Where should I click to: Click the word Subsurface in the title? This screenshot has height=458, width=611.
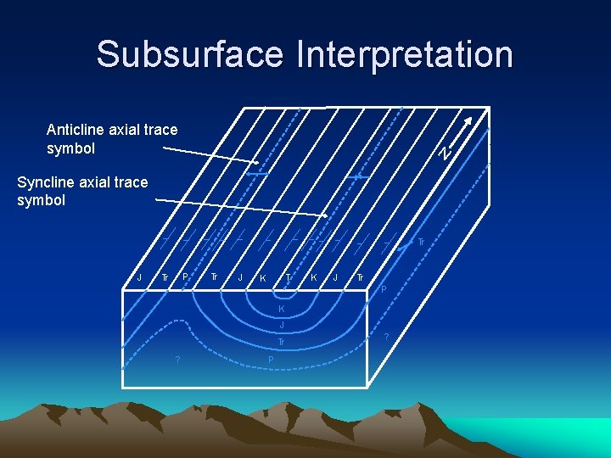pyautogui.click(x=191, y=53)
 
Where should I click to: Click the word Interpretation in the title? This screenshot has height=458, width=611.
pyautogui.click(x=405, y=53)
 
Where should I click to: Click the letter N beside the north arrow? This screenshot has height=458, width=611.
pyautogui.click(x=444, y=153)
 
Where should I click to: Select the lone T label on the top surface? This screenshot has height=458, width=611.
pyautogui.click(x=289, y=277)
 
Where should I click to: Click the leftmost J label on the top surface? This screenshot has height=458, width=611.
pyautogui.click(x=139, y=277)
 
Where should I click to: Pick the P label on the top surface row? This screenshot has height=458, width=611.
pyautogui.click(x=186, y=277)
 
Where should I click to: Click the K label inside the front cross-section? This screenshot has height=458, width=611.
pyautogui.click(x=282, y=309)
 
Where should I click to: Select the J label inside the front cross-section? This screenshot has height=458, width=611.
pyautogui.click(x=282, y=326)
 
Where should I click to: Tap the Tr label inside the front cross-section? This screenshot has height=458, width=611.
pyautogui.click(x=281, y=343)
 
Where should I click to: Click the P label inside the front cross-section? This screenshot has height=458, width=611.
pyautogui.click(x=271, y=360)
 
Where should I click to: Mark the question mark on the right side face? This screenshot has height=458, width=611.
pyautogui.click(x=386, y=338)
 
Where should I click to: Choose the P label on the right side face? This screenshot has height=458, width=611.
pyautogui.click(x=384, y=291)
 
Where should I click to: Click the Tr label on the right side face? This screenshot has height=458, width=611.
pyautogui.click(x=420, y=243)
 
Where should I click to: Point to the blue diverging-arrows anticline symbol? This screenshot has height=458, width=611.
pyautogui.click(x=258, y=174)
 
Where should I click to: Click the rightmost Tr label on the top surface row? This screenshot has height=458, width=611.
pyautogui.click(x=360, y=277)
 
